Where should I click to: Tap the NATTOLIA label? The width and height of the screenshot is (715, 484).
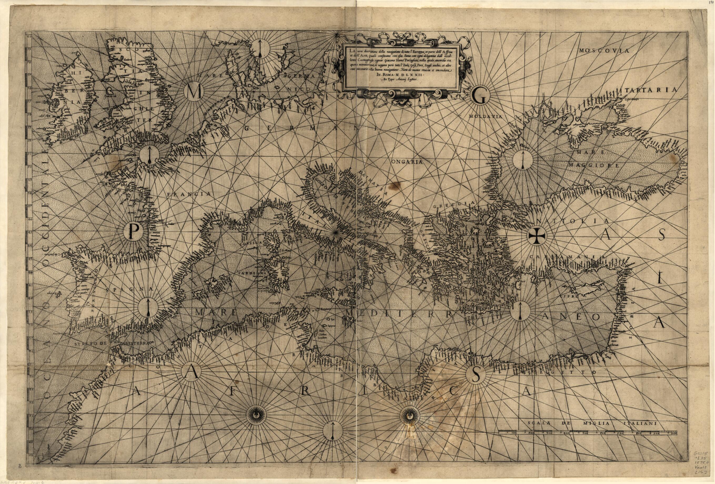(x=572, y=221)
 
